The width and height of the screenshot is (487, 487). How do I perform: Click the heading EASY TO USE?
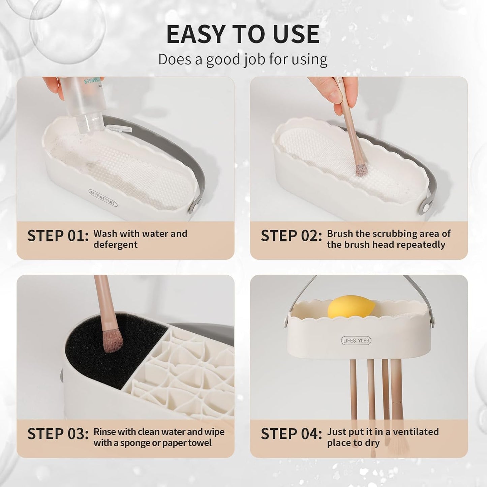click(243, 34)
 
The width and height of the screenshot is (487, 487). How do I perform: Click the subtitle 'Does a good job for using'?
click(243, 59)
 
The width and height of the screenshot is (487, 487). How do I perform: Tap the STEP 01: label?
click(58, 236)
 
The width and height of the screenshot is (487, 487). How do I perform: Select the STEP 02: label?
click(291, 236)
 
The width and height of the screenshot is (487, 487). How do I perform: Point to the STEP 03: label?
click(58, 434)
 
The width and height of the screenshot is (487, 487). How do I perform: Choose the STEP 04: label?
click(291, 434)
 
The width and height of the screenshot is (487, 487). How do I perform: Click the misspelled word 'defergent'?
click(115, 245)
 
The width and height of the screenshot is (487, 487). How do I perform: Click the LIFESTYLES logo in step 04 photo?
click(356, 340)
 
